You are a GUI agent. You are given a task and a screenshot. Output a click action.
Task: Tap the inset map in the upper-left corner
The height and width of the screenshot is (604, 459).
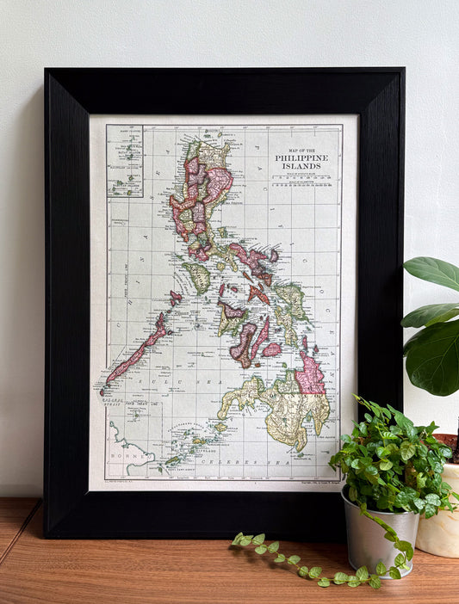click(x=125, y=161)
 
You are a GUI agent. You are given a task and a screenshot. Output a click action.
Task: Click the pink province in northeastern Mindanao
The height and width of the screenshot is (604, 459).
click(x=310, y=379)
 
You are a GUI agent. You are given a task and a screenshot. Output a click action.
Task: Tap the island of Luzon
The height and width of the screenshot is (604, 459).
click(x=202, y=194)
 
